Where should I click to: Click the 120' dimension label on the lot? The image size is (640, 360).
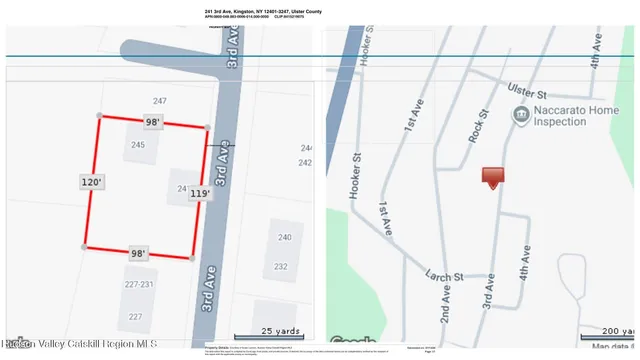point(92,183)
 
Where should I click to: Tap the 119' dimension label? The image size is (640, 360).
point(199,193)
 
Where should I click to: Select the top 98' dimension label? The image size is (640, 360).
point(153,122)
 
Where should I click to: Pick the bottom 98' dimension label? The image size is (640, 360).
point(138,254)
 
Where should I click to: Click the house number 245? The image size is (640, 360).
point(138,145)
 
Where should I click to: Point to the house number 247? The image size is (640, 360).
point(159,102)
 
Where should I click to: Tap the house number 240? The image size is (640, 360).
point(284,237)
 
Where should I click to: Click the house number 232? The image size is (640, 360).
point(282,266)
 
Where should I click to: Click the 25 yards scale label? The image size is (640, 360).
point(280,330)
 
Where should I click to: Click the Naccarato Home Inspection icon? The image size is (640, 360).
point(520,116)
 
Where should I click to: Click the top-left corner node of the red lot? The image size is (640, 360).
point(98,116)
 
